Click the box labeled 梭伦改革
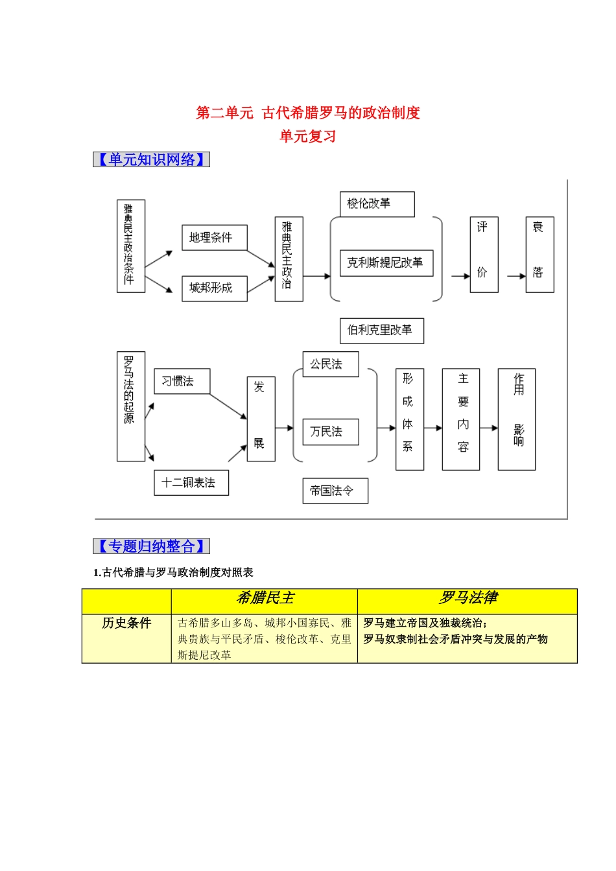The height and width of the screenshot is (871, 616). [377, 204]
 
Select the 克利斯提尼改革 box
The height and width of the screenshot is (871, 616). [386, 263]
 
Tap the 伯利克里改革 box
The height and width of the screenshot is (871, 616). [381, 331]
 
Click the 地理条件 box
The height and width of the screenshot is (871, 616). [214, 238]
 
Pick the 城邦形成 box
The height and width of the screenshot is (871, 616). [214, 288]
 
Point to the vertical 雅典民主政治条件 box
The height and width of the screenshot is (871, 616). [130, 246]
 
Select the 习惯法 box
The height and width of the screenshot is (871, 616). [182, 381]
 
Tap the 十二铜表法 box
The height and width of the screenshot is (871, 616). [191, 483]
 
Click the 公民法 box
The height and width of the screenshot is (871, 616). [330, 364]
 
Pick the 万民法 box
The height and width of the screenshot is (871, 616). [330, 432]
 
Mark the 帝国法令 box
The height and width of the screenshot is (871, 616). [335, 491]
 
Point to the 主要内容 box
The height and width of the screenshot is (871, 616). [460, 419]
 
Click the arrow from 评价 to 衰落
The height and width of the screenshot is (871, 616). [516, 276]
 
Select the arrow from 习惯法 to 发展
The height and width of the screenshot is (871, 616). [228, 406]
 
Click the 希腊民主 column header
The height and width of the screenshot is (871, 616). [265, 598]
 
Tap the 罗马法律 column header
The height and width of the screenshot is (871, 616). [468, 598]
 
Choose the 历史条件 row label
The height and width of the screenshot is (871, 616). [126, 623]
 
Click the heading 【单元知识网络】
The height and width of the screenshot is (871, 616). [151, 159]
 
